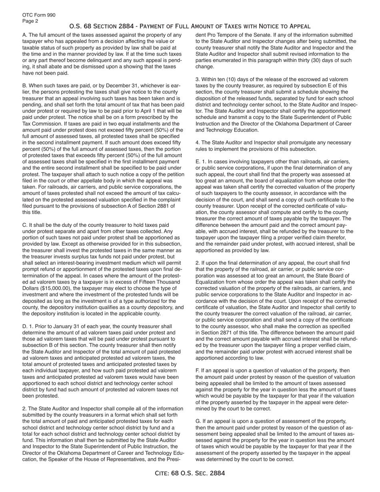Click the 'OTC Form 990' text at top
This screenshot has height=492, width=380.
click(39, 15)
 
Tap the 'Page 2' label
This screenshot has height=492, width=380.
click(30, 21)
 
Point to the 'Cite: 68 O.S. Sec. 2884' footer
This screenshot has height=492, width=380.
click(190, 473)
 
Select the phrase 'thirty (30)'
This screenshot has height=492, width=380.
click(312, 60)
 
